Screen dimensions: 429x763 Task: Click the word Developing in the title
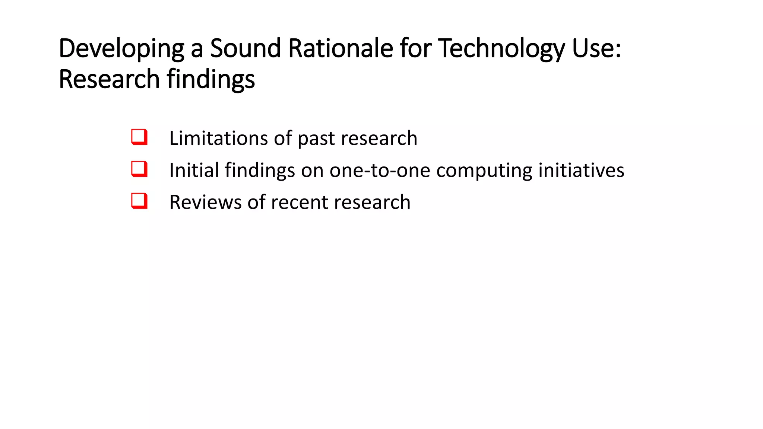tap(121, 48)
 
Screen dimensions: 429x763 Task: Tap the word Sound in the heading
tap(245, 48)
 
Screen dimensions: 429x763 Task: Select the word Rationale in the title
tap(341, 48)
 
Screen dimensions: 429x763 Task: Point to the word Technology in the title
tap(501, 48)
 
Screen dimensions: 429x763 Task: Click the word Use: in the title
tap(597, 48)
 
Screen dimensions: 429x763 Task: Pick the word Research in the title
tap(109, 79)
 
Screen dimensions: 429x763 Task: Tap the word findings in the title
tap(211, 79)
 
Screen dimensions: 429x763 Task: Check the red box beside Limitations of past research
tap(139, 137)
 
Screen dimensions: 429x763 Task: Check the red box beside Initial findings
tap(139, 169)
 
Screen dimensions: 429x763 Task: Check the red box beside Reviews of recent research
tap(139, 201)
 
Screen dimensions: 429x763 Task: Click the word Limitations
tap(218, 138)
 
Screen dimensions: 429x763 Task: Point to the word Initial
tap(194, 170)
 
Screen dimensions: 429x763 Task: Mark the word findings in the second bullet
tap(260, 171)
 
